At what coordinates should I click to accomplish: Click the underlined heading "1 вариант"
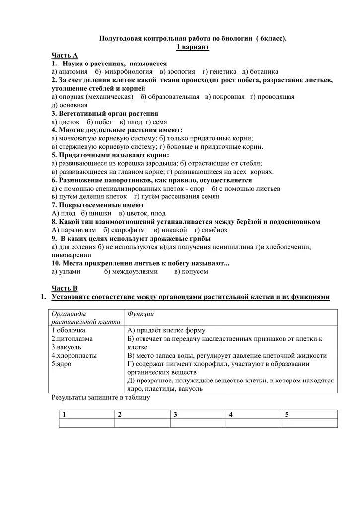[193, 47]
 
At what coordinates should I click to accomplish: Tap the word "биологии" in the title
[236, 38]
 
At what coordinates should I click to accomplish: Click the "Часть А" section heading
[65, 55]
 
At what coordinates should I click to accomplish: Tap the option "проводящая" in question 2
[276, 97]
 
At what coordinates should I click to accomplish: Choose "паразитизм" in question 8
[78, 230]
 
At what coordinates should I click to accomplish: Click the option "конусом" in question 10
[195, 272]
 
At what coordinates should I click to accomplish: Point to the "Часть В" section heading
[65, 288]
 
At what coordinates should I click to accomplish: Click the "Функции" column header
[141, 314]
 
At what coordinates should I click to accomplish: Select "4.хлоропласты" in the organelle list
[74, 356]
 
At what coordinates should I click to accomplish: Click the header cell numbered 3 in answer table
[175, 414]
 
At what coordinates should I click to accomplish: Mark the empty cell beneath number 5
[310, 423]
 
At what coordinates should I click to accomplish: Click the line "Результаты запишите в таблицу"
[100, 397]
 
